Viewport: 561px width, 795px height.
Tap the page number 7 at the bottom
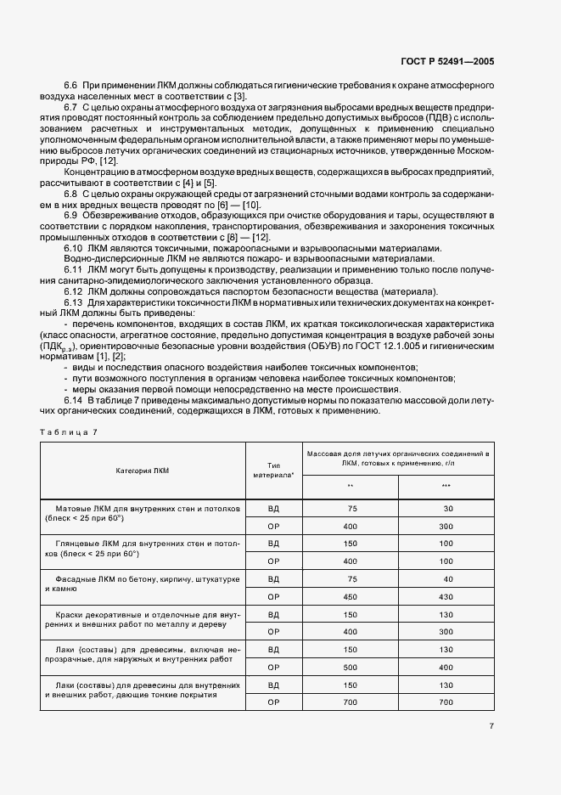click(x=491, y=725)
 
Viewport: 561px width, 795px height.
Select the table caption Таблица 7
click(x=69, y=431)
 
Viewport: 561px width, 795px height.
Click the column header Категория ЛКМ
click(x=143, y=470)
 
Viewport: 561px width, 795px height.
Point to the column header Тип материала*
click(x=272, y=470)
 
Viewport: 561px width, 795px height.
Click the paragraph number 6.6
click(x=71, y=87)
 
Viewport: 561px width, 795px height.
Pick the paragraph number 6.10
click(x=74, y=247)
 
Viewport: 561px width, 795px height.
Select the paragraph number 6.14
click(x=74, y=400)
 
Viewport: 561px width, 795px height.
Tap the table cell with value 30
click(x=446, y=508)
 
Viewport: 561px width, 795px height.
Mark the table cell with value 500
click(x=351, y=668)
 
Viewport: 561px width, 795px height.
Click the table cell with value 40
click(x=446, y=578)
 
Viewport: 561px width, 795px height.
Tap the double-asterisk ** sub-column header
click(x=351, y=487)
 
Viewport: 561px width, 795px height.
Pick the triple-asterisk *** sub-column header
click(x=446, y=487)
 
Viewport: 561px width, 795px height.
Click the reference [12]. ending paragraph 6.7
click(x=109, y=161)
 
